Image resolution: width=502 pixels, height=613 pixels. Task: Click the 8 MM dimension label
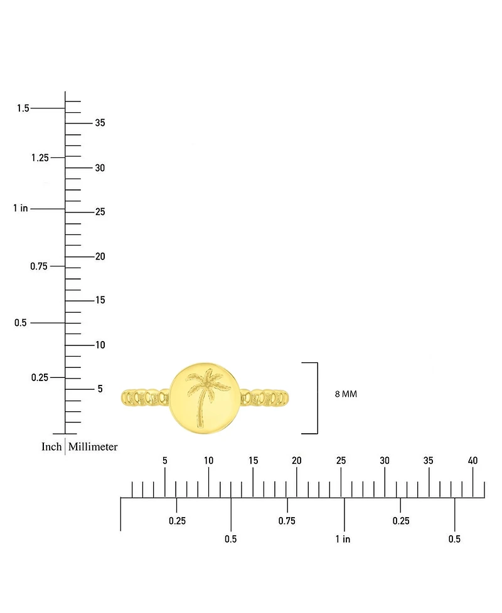click(346, 394)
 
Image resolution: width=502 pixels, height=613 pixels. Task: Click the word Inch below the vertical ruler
click(51, 447)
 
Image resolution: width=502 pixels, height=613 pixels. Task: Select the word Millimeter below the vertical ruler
click(93, 447)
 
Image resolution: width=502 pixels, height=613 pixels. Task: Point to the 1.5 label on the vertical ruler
click(23, 108)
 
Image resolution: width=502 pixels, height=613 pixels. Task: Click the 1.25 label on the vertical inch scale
click(40, 158)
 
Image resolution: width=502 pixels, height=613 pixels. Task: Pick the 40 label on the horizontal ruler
click(473, 461)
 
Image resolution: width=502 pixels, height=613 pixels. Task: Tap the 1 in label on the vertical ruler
click(21, 208)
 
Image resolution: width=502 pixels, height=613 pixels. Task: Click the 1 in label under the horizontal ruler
click(343, 539)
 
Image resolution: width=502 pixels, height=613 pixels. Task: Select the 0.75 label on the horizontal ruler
click(287, 521)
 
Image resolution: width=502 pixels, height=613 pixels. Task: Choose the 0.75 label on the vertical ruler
click(39, 266)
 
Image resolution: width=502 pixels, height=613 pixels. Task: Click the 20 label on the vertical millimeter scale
click(100, 256)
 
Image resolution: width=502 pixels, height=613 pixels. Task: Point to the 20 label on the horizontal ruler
click(297, 461)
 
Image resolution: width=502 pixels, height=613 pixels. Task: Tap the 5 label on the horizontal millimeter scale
click(165, 461)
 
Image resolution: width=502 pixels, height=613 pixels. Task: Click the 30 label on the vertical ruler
click(100, 168)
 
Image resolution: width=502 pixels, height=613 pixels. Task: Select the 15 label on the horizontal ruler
click(253, 461)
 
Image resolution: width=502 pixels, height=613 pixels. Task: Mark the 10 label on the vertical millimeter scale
click(100, 345)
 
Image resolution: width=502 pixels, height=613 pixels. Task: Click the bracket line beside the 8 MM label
click(318, 398)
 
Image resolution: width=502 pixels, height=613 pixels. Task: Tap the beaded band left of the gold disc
click(146, 398)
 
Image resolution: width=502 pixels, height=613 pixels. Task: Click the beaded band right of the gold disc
click(265, 398)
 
